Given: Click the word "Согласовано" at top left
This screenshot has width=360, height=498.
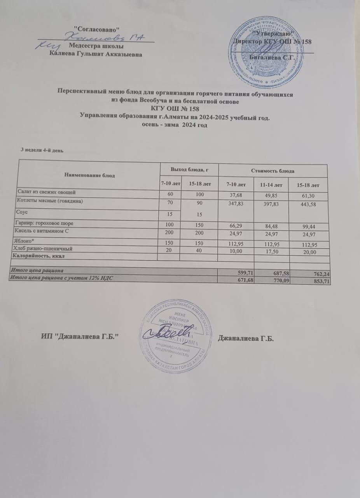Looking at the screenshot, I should point(96,28).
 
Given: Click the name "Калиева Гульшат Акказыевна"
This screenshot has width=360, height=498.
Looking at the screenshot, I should point(96,54).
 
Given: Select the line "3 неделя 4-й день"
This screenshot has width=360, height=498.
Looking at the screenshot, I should point(42,150).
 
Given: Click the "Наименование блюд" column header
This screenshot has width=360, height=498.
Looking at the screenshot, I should point(89,175).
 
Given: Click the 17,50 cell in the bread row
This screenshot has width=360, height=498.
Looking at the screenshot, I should point(272,252).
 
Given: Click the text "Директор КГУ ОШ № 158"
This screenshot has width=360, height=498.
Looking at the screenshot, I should point(272,41).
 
